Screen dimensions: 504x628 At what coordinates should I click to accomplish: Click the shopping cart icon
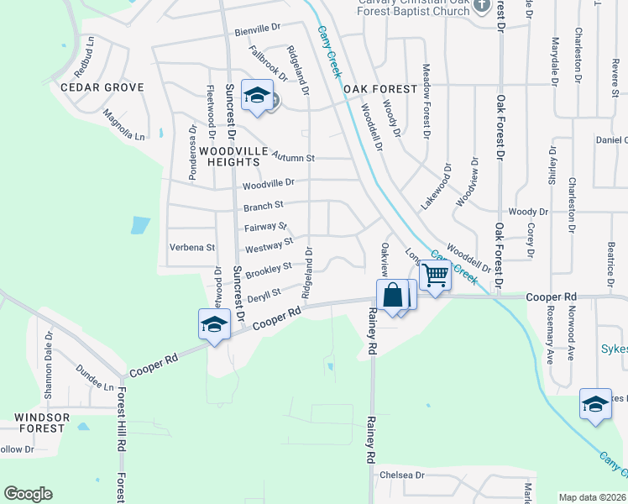[434, 275]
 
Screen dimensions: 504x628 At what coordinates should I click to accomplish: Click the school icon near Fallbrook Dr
[256, 95]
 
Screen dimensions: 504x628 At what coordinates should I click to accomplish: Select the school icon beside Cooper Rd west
[213, 324]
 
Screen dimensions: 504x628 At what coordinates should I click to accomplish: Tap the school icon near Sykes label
[594, 404]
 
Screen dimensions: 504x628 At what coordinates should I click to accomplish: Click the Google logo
[28, 494]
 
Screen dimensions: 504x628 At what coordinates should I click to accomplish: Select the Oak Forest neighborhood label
[379, 89]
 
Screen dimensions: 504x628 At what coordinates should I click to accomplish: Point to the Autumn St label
[293, 157]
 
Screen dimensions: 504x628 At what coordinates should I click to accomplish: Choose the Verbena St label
[192, 248]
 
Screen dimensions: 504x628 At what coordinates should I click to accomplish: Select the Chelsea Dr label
[403, 475]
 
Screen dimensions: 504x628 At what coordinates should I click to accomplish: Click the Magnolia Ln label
[123, 125]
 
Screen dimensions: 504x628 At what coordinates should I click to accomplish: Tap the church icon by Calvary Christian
[481, 6]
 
